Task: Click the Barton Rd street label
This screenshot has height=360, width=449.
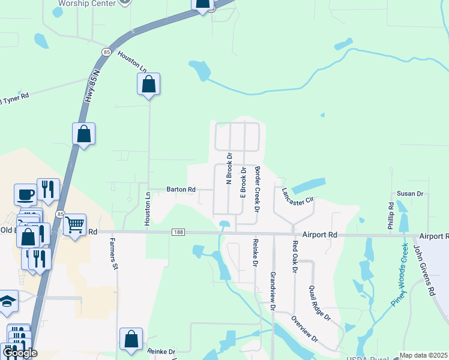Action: click(x=181, y=190)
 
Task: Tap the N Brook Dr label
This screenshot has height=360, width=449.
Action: click(x=229, y=167)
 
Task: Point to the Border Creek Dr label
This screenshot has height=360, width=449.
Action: click(x=257, y=190)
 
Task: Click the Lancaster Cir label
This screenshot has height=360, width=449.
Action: click(x=298, y=197)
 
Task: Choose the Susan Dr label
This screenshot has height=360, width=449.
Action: click(x=410, y=194)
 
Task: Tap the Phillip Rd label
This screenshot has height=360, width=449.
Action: click(x=391, y=216)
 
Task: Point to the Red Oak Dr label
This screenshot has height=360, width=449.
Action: click(x=295, y=256)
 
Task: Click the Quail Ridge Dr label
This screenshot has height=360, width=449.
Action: click(x=319, y=302)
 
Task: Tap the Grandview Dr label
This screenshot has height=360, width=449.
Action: click(x=273, y=290)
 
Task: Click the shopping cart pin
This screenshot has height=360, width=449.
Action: click(x=74, y=226)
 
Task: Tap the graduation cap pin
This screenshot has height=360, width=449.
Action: click(x=8, y=301)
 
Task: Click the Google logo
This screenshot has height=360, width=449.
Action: click(x=20, y=353)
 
